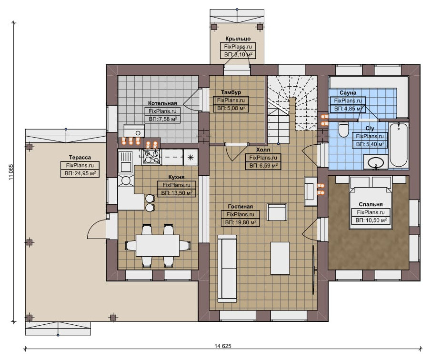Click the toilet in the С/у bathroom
tap(343, 129)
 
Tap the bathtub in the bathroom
tap(398, 145)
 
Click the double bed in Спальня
tap(371, 203)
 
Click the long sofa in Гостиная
tap(227, 269)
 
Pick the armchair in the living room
tap(277, 212)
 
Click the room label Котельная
tap(162, 103)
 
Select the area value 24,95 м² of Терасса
tap(80, 173)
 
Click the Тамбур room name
tap(231, 92)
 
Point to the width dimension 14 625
tap(223, 346)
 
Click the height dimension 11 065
tap(11, 172)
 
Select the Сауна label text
tap(348, 92)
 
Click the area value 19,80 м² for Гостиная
tap(241, 222)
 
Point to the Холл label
tap(263, 150)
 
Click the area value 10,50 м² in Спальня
tap(371, 220)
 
